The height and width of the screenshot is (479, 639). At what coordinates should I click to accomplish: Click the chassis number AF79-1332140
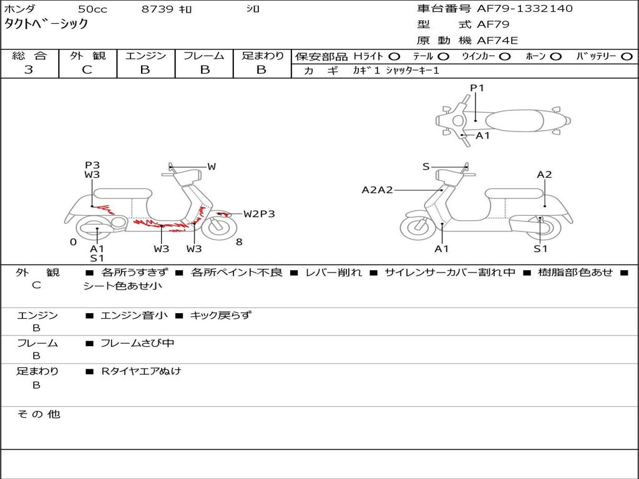tap(524, 9)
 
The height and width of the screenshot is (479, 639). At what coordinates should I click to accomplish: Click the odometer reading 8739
tap(157, 9)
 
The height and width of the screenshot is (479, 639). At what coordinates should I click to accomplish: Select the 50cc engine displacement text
tap(92, 9)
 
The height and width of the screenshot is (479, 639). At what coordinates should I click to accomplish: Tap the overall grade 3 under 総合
tap(29, 69)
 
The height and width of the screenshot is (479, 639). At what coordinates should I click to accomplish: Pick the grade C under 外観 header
tap(87, 69)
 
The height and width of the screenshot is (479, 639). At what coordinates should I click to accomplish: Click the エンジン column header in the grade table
tap(145, 56)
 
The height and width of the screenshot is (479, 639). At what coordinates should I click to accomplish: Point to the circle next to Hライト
tap(394, 57)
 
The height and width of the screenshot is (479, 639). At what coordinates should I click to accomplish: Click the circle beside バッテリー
tap(627, 57)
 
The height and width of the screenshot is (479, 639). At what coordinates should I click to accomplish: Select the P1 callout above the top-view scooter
tap(477, 87)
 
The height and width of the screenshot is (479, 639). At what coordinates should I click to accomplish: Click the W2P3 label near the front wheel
tap(259, 214)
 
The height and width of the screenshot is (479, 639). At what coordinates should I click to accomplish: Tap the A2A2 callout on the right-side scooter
tap(378, 190)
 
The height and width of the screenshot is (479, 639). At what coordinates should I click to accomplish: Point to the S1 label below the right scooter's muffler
tap(540, 248)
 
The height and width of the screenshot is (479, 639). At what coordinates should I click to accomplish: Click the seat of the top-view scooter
tap(514, 120)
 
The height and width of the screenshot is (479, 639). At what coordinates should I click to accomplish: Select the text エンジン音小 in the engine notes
tap(134, 315)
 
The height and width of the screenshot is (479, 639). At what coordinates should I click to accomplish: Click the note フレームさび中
tap(137, 344)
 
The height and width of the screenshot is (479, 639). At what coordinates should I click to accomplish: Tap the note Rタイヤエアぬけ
tap(141, 371)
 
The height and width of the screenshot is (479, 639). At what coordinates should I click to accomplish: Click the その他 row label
tap(39, 414)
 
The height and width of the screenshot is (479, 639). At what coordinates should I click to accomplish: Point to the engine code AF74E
tap(497, 41)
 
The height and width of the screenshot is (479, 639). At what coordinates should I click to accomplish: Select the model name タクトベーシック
tap(46, 24)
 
